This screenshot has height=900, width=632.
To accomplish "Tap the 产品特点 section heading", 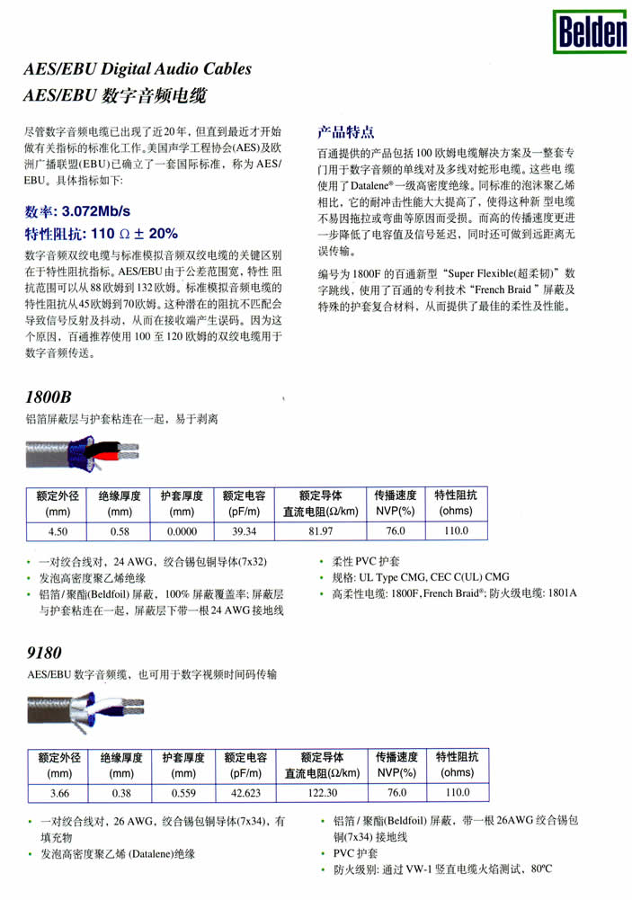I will [x=346, y=130].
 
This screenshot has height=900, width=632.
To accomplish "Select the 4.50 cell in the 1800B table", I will [x=59, y=531].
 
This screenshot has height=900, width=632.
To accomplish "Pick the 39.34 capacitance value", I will [x=245, y=531].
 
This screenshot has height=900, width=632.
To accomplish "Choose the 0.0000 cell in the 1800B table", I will [x=182, y=531].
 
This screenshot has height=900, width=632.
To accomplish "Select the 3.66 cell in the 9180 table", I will [x=59, y=793].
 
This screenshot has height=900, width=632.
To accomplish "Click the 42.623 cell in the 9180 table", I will [x=245, y=793].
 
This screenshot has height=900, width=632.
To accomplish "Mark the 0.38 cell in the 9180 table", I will [x=120, y=793].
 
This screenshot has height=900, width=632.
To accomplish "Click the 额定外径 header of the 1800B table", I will [x=59, y=495].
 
